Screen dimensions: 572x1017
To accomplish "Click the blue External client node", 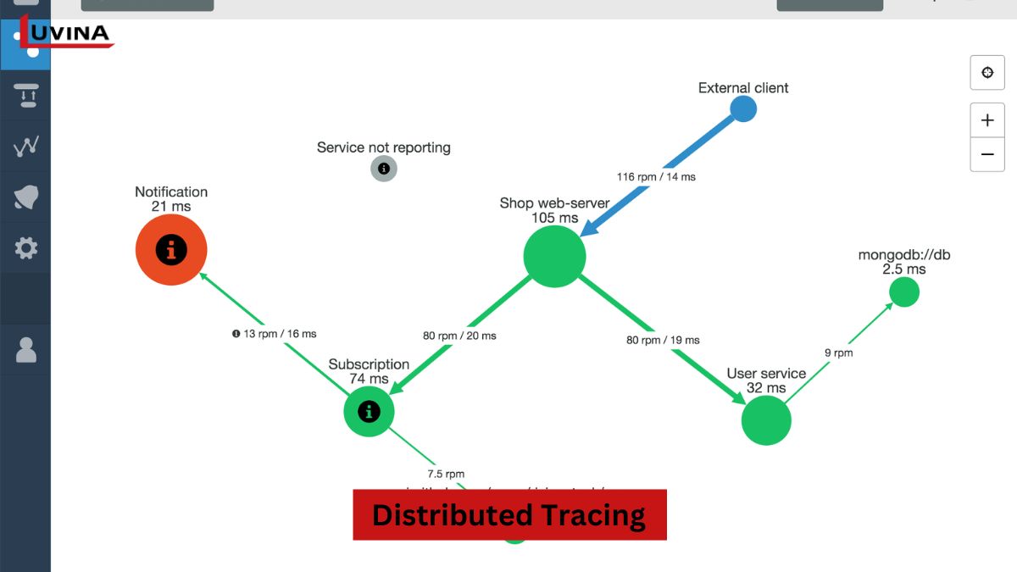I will [x=743, y=108].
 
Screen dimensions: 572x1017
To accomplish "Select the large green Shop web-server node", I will [x=554, y=256].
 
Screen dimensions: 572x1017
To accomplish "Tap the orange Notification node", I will [x=171, y=250].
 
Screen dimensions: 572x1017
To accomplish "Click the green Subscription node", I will [x=369, y=412].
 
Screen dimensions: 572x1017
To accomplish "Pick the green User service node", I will [x=766, y=419].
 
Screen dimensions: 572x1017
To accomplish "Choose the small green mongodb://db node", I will [x=904, y=292].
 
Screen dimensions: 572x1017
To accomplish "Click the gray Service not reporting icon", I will [x=384, y=169].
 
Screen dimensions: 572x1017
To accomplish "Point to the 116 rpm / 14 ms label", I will [x=656, y=177].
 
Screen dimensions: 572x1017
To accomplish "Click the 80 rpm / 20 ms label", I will [x=459, y=336].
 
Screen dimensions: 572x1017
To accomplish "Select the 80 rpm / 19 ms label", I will [x=663, y=340].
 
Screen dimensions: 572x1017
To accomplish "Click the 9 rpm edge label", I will [x=838, y=353].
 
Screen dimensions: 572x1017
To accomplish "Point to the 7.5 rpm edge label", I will [x=446, y=474].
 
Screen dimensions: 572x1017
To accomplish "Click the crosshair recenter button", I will [x=987, y=73].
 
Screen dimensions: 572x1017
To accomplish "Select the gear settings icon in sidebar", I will [x=26, y=248].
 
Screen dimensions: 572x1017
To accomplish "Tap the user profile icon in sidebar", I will [x=26, y=349].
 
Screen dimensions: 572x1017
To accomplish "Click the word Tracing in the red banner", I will [x=593, y=515].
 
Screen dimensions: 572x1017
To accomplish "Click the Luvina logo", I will [x=68, y=34].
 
